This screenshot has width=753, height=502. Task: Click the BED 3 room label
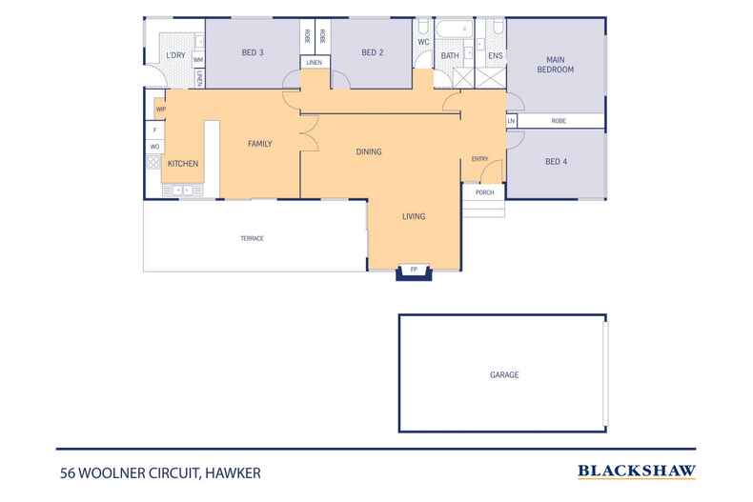point(254,53)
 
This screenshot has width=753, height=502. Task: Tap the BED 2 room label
point(373,53)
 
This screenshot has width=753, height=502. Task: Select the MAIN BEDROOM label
point(555,63)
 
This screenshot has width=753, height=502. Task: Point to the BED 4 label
point(556,162)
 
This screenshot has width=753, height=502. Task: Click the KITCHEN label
point(183,164)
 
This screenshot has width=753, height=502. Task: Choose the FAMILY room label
point(260,144)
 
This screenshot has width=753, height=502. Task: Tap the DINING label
point(369,151)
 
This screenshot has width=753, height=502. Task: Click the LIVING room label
point(413,216)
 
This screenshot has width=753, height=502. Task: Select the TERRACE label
point(252,238)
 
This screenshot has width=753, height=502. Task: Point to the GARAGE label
point(504,375)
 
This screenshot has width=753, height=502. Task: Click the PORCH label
point(484,192)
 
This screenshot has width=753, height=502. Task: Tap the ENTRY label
point(479,159)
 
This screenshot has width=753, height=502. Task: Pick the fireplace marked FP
point(414,271)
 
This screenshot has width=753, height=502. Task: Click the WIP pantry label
point(160,110)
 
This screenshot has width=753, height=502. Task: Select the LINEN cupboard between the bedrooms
point(315,62)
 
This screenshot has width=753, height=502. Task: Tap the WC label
point(423,42)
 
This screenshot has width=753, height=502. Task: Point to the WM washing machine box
point(198,60)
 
